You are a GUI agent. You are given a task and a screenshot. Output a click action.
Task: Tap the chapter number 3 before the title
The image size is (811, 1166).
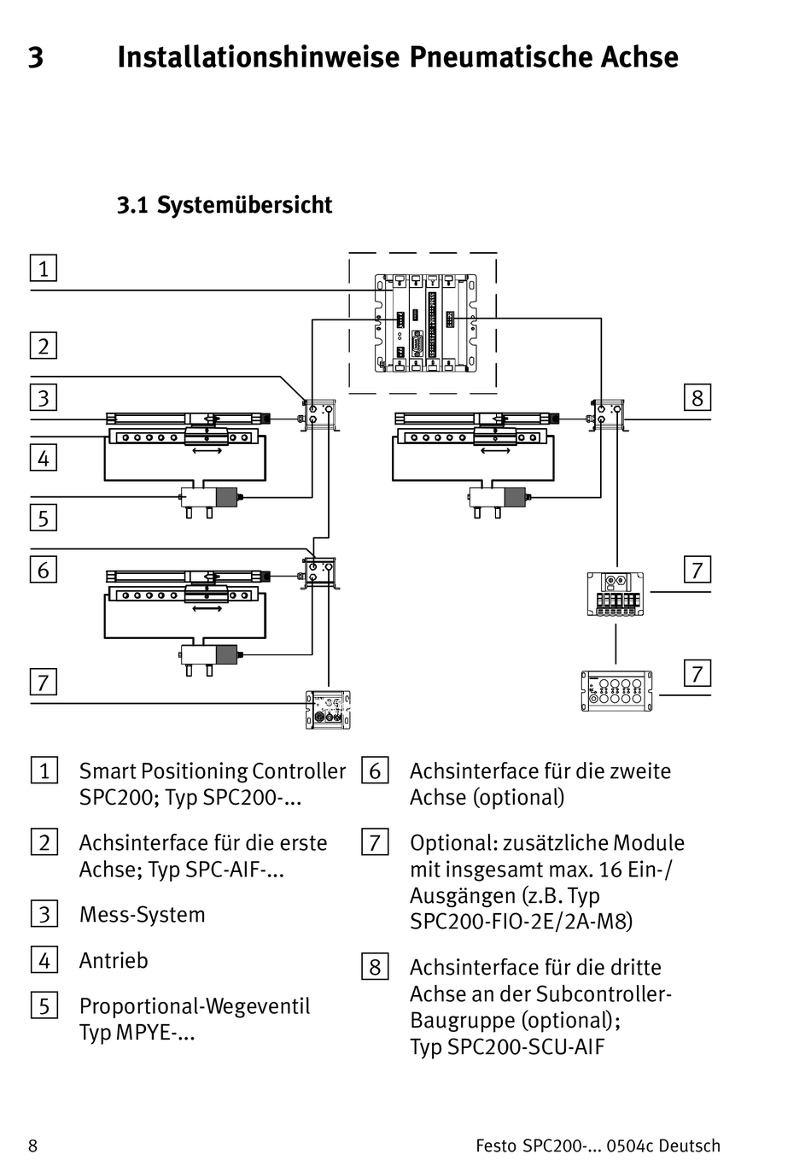tap(36, 58)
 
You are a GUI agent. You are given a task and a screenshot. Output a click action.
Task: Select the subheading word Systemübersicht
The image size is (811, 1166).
tap(244, 205)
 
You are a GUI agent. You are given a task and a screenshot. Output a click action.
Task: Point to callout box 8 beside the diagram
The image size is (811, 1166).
tap(697, 397)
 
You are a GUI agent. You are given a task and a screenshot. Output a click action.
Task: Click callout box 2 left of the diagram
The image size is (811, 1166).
tap(44, 346)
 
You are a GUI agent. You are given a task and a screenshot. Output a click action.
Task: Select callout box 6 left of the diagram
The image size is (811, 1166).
tap(44, 570)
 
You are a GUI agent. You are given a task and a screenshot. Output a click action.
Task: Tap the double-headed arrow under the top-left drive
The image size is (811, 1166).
tap(207, 450)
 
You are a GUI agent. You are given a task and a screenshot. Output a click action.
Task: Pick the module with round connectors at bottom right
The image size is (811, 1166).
tap(617, 690)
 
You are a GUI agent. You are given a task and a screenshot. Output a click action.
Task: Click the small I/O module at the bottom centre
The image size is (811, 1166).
tap(329, 710)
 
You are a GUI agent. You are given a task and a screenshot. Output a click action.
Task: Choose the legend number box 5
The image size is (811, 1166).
tap(44, 1005)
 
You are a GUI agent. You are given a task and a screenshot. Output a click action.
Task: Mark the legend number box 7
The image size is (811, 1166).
tap(375, 843)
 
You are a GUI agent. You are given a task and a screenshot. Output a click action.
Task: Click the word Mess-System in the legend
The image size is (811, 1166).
tap(142, 915)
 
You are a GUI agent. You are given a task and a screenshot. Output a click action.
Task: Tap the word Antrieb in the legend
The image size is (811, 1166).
tap(114, 961)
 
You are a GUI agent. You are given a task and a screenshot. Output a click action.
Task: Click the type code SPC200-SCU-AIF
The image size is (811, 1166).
tap(507, 1047)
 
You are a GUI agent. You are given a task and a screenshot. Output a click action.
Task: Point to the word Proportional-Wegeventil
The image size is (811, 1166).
tap(195, 1006)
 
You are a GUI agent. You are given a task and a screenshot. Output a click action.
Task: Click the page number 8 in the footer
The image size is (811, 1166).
tap(33, 1146)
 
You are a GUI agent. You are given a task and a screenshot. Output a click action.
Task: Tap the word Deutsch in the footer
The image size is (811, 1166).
tap(690, 1146)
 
